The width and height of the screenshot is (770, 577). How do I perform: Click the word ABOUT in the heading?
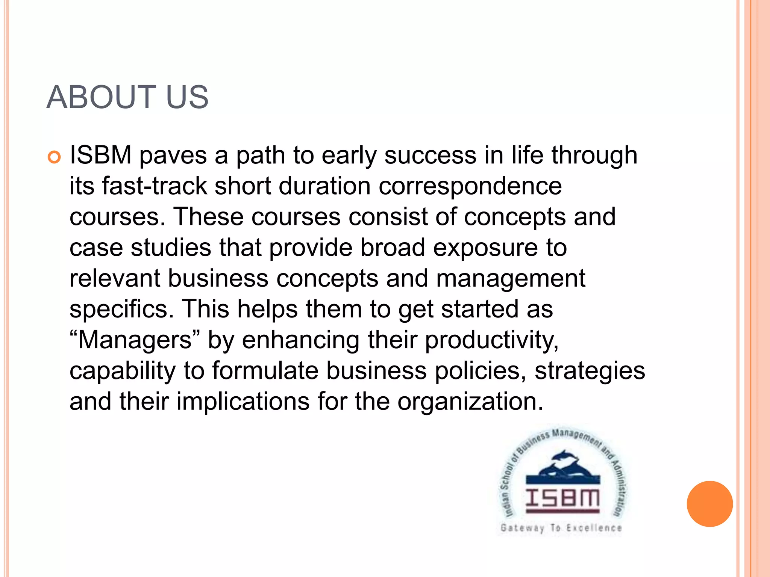(101, 97)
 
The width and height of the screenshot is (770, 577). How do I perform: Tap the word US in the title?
(187, 97)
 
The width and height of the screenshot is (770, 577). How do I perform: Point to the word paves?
(173, 156)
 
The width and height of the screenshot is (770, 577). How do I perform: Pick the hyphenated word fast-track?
(155, 186)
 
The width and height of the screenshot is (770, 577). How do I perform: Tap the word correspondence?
(470, 187)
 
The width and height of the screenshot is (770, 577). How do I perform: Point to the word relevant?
(115, 278)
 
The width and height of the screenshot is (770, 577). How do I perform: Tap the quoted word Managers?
(135, 340)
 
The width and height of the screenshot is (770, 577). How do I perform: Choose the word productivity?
(492, 341)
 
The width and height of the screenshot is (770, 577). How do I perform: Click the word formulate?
(265, 371)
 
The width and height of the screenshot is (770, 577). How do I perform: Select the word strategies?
(590, 372)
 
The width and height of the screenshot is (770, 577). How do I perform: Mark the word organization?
(470, 402)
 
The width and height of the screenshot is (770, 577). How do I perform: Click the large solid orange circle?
(709, 504)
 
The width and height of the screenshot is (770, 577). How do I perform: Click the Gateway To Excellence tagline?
(561, 528)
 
